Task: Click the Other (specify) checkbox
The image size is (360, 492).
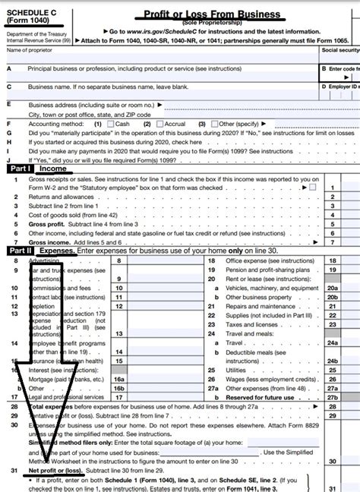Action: pyautogui.click(x=213, y=123)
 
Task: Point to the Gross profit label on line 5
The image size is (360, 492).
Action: pyautogui.click(x=45, y=225)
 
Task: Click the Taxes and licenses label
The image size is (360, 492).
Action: pyautogui.click(x=244, y=323)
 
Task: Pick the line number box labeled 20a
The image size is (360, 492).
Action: pyautogui.click(x=331, y=288)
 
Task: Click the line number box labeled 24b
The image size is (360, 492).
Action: pyautogui.click(x=331, y=352)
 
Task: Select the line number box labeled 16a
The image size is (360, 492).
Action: pyautogui.click(x=118, y=377)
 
